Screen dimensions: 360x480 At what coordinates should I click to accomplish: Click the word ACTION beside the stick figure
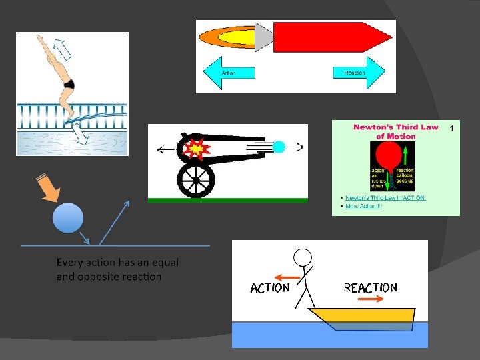270,288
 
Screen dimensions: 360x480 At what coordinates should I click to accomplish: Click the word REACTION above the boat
370,288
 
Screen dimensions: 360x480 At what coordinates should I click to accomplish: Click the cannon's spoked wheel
195,179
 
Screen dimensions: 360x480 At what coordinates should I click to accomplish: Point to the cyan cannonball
279,147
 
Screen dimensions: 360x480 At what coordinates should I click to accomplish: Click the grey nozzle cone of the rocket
264,37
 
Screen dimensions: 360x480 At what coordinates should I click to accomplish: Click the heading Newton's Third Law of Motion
395,131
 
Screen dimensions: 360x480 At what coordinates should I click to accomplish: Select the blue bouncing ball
68,218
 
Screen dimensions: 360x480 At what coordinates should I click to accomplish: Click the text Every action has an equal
117,263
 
